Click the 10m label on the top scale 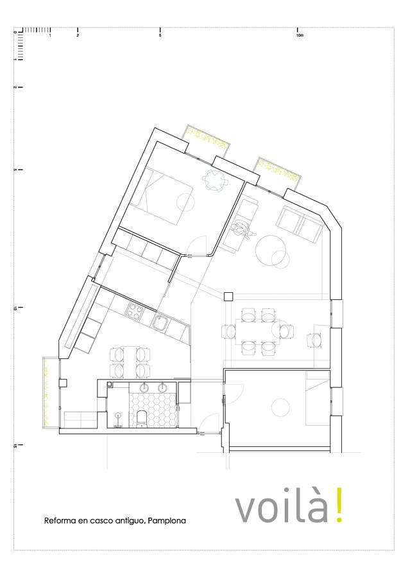300,36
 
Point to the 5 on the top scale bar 160,36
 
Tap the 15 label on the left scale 15,446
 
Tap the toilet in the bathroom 141,419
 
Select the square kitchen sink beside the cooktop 160,323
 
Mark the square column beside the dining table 228,296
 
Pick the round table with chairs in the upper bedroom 215,180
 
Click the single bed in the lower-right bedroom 318,398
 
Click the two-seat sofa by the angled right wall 300,225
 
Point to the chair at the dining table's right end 287,331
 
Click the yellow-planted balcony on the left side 47,392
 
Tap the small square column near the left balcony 63,383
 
